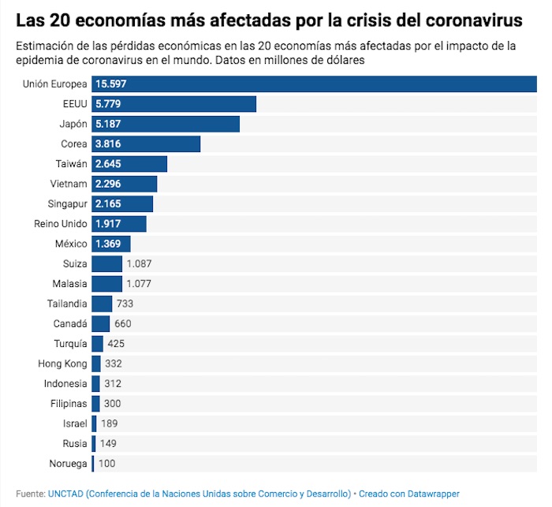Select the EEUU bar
click(173, 104)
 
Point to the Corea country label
click(73, 144)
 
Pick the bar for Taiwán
click(129, 164)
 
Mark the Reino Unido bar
click(119, 224)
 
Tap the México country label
click(71, 244)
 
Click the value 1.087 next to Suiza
click(139, 263)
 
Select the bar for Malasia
click(106, 284)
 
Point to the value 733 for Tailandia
click(125, 304)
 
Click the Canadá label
click(69, 323)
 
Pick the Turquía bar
click(97, 344)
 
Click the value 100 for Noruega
click(107, 464)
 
